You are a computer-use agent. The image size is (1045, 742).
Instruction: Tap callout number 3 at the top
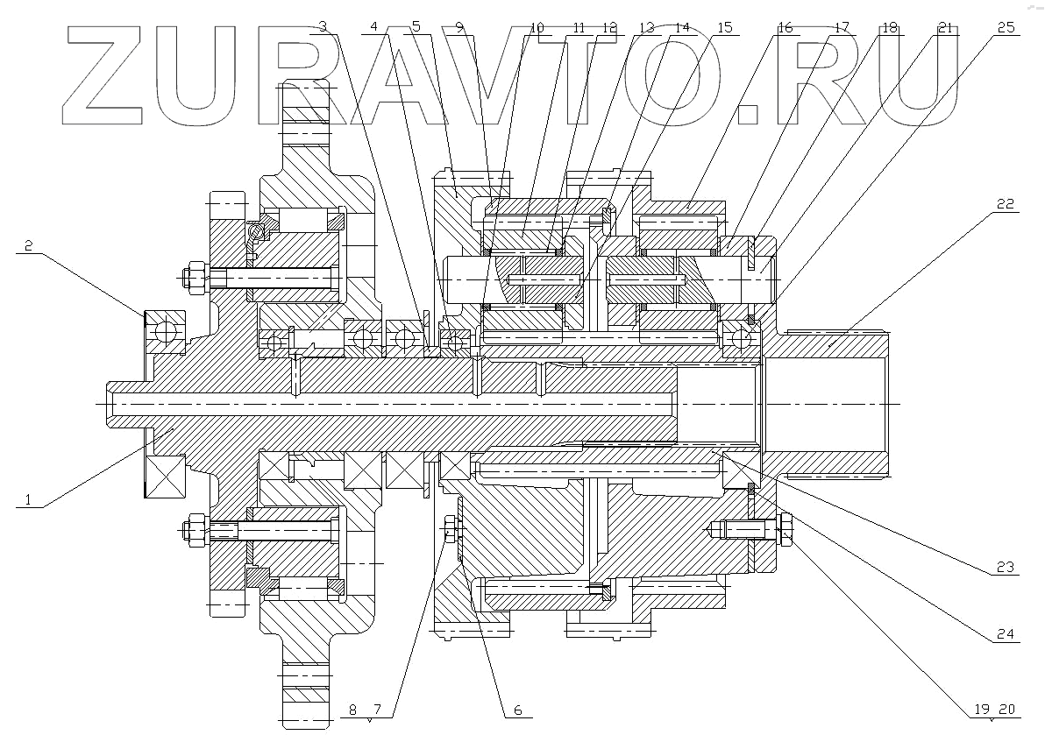tap(323, 27)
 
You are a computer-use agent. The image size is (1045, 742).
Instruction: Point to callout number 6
tap(517, 710)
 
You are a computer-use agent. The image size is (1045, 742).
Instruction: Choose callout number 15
tap(724, 27)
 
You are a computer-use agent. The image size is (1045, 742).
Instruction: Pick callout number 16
tap(785, 27)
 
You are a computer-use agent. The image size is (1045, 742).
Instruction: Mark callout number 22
tap(1006, 204)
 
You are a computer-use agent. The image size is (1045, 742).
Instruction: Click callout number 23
tap(1006, 568)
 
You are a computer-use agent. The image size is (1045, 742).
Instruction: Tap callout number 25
tap(1006, 27)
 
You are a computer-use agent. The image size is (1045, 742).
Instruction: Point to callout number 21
tap(945, 27)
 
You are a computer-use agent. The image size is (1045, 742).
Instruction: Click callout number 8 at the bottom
tap(352, 710)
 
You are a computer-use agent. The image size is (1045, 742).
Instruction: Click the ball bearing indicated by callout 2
tap(165, 332)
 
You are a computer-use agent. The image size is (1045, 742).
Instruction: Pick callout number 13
tap(646, 27)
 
